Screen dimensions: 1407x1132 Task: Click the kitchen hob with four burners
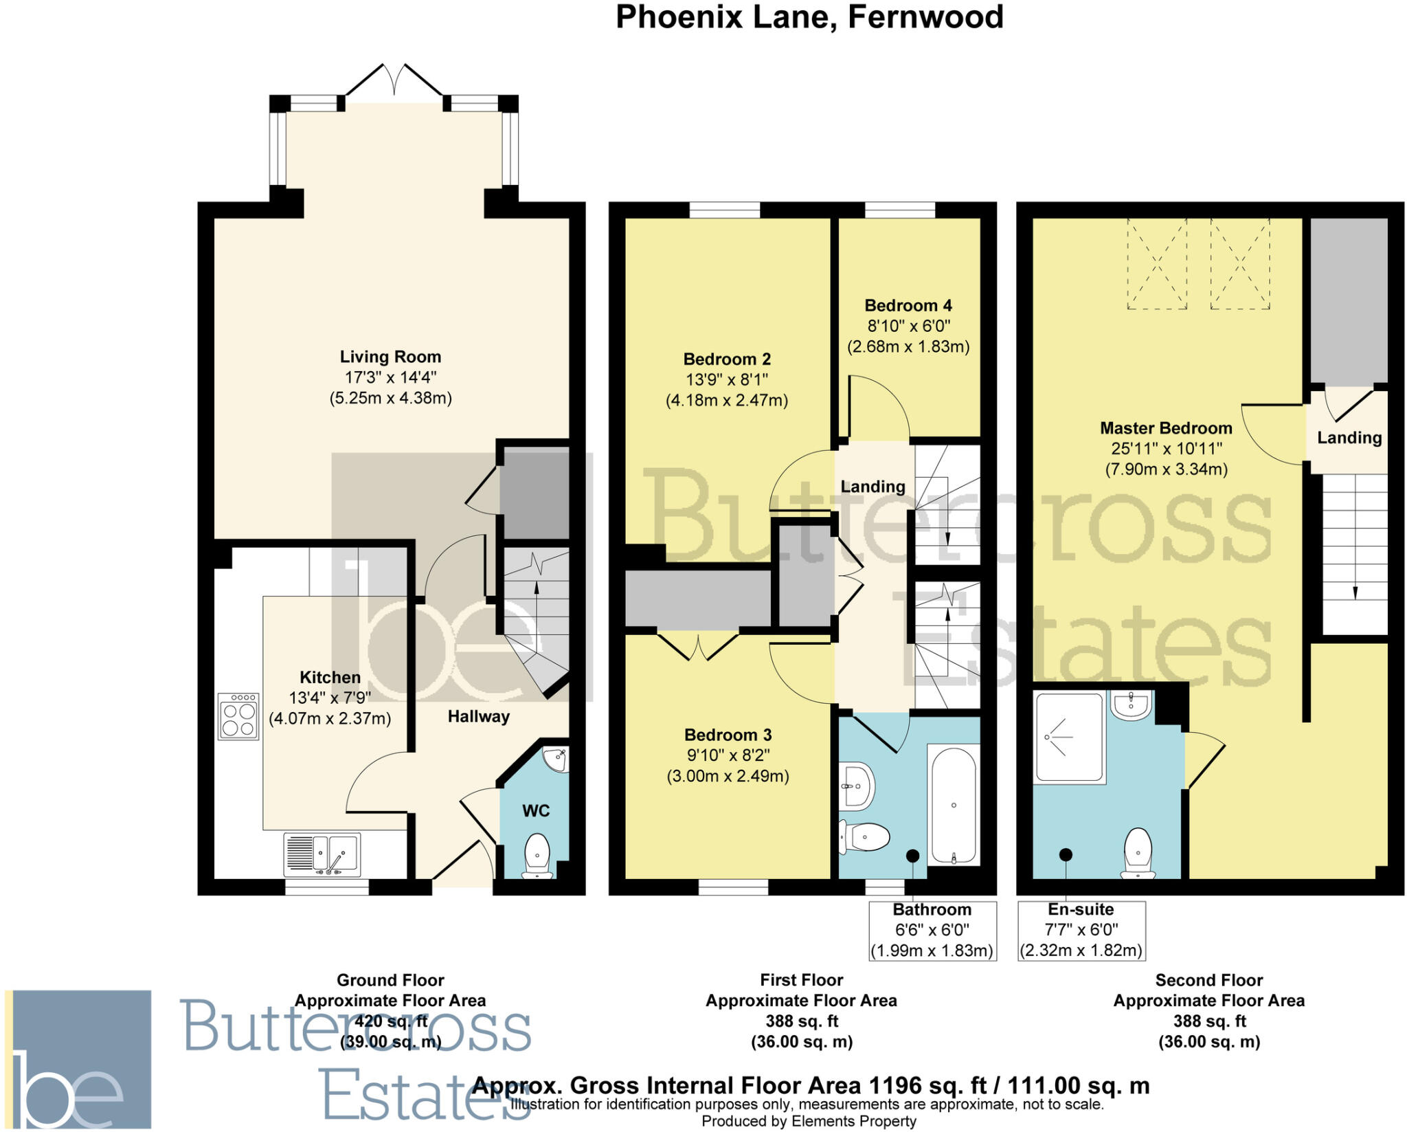(x=238, y=716)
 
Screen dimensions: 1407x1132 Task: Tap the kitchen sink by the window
(x=322, y=854)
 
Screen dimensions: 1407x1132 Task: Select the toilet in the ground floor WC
(x=537, y=856)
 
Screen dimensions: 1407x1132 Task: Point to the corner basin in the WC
(x=556, y=759)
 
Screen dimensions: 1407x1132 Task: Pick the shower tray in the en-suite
(x=1070, y=737)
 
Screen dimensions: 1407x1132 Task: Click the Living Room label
(x=390, y=357)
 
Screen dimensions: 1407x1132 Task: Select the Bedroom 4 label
(x=908, y=305)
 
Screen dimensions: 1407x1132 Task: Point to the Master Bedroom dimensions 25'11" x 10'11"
(x=1167, y=449)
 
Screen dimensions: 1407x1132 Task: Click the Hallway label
(x=479, y=717)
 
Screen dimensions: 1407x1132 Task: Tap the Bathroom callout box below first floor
(x=932, y=931)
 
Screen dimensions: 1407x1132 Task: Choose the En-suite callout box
(x=1081, y=931)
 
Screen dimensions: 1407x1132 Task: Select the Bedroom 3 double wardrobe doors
(x=698, y=646)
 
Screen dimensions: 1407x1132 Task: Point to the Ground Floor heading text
(x=390, y=980)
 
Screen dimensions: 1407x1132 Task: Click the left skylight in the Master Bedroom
(x=1157, y=263)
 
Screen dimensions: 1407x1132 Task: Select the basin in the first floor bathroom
(x=856, y=786)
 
